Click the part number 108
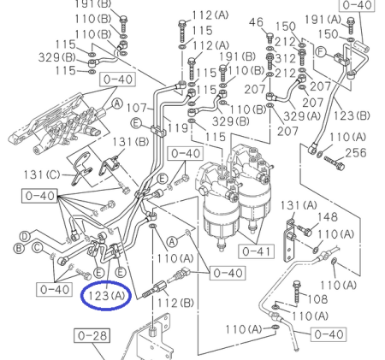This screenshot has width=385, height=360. pyautogui.click(x=317, y=299)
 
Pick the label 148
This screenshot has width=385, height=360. pyautogui.click(x=329, y=218)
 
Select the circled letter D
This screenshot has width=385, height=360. pyautogui.click(x=26, y=235)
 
